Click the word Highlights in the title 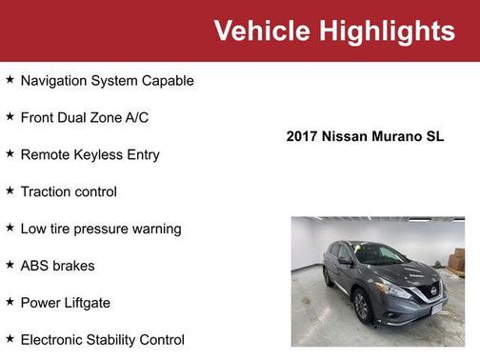click(x=384, y=30)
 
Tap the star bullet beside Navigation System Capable click(x=10, y=80)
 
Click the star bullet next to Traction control click(x=10, y=191)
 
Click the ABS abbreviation click(x=35, y=267)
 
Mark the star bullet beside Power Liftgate click(x=10, y=303)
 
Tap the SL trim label click(x=435, y=137)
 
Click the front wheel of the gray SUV click(x=362, y=305)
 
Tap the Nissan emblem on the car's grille click(x=435, y=290)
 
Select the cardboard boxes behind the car click(x=458, y=260)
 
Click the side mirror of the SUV click(x=345, y=261)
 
